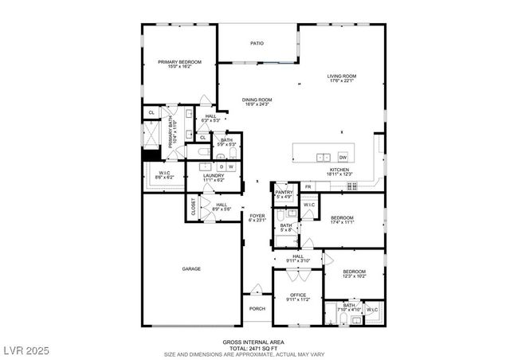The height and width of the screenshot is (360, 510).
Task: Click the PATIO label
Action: tap(257, 43)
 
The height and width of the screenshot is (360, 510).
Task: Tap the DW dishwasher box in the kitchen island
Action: tap(343, 156)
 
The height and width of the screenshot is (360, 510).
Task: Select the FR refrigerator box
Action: tap(307, 186)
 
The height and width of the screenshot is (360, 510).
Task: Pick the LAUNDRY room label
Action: tap(214, 178)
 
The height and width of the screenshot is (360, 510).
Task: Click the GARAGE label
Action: tap(191, 269)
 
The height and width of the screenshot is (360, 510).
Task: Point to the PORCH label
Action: tap(257, 309)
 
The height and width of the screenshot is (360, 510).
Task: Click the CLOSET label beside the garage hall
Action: tap(194, 206)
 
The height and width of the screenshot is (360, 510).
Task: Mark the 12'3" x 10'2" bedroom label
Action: tap(354, 274)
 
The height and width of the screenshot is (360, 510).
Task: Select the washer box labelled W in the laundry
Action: tap(230, 166)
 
